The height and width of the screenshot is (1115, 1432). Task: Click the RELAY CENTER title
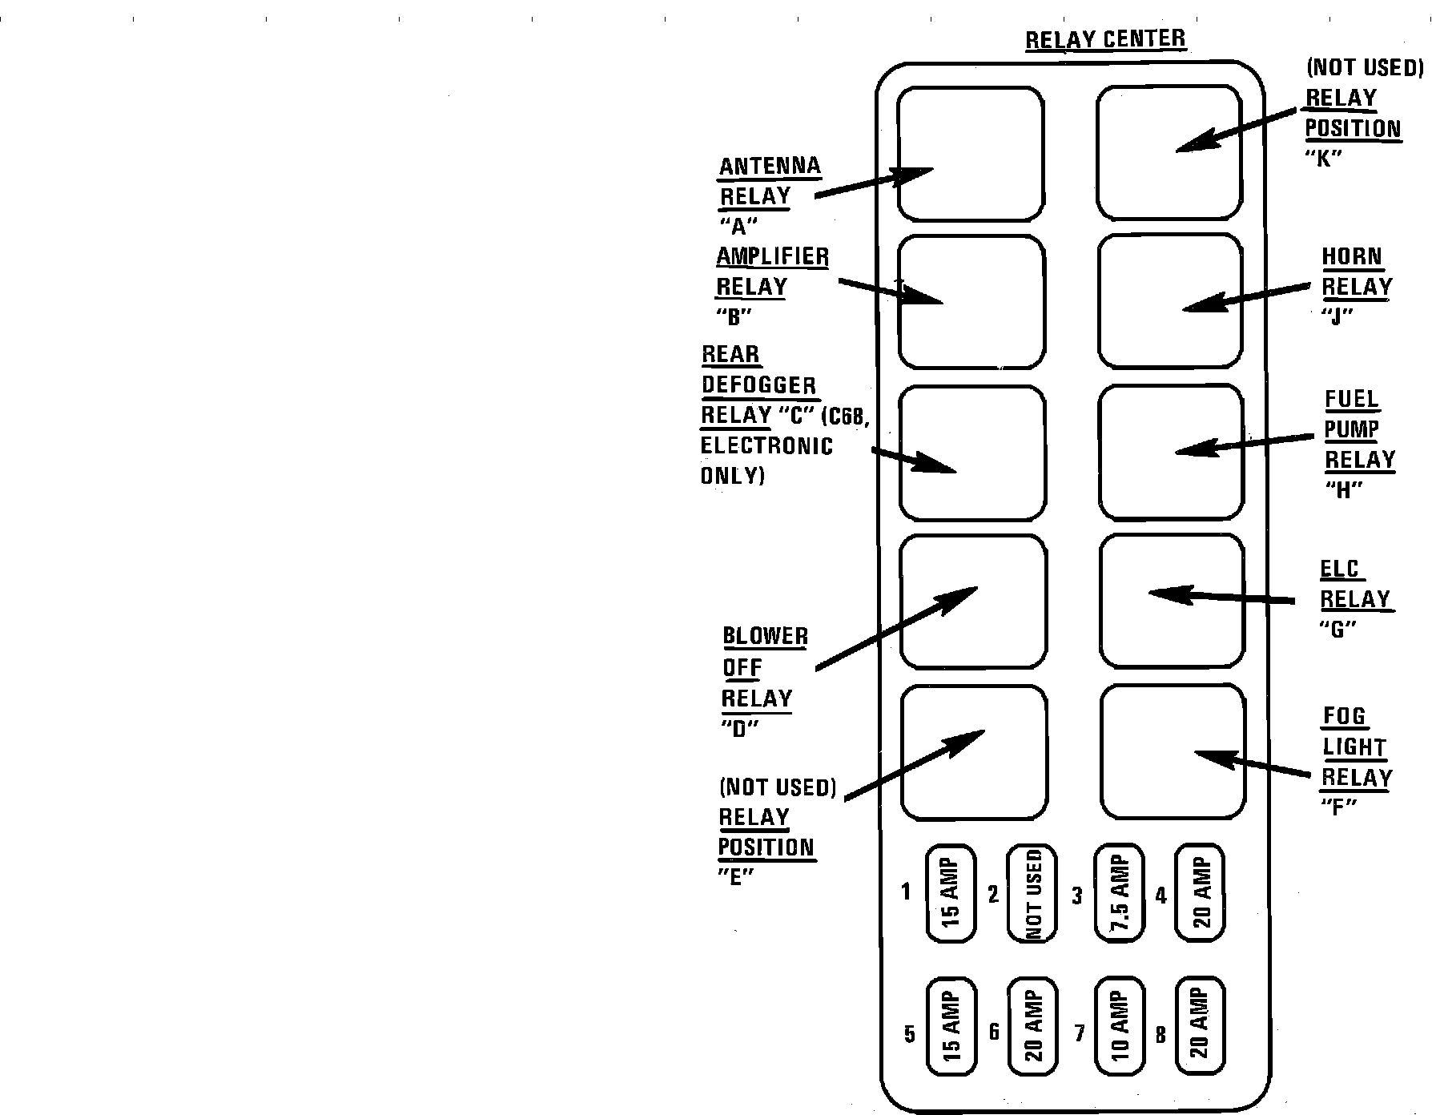tap(1105, 39)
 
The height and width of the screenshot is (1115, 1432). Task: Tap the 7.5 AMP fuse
tap(1119, 892)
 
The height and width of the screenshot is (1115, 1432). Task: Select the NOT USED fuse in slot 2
tap(1032, 893)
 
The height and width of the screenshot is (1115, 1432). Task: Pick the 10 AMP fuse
tap(1119, 1026)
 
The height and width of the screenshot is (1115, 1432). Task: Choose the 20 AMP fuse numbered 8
tap(1201, 1026)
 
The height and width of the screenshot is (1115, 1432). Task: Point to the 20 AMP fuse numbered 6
tap(1033, 1026)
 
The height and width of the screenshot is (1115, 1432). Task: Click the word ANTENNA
tap(770, 167)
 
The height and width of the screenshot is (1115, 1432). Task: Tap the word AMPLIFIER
tap(772, 257)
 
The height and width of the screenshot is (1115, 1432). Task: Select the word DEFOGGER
tap(759, 385)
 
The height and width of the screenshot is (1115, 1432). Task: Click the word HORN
tap(1352, 257)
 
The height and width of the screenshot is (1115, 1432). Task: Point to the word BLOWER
tap(765, 637)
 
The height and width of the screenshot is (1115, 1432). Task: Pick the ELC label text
tap(1340, 570)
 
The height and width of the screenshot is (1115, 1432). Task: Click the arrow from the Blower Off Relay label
tap(897, 628)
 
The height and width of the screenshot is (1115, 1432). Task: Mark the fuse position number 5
tap(910, 1034)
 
